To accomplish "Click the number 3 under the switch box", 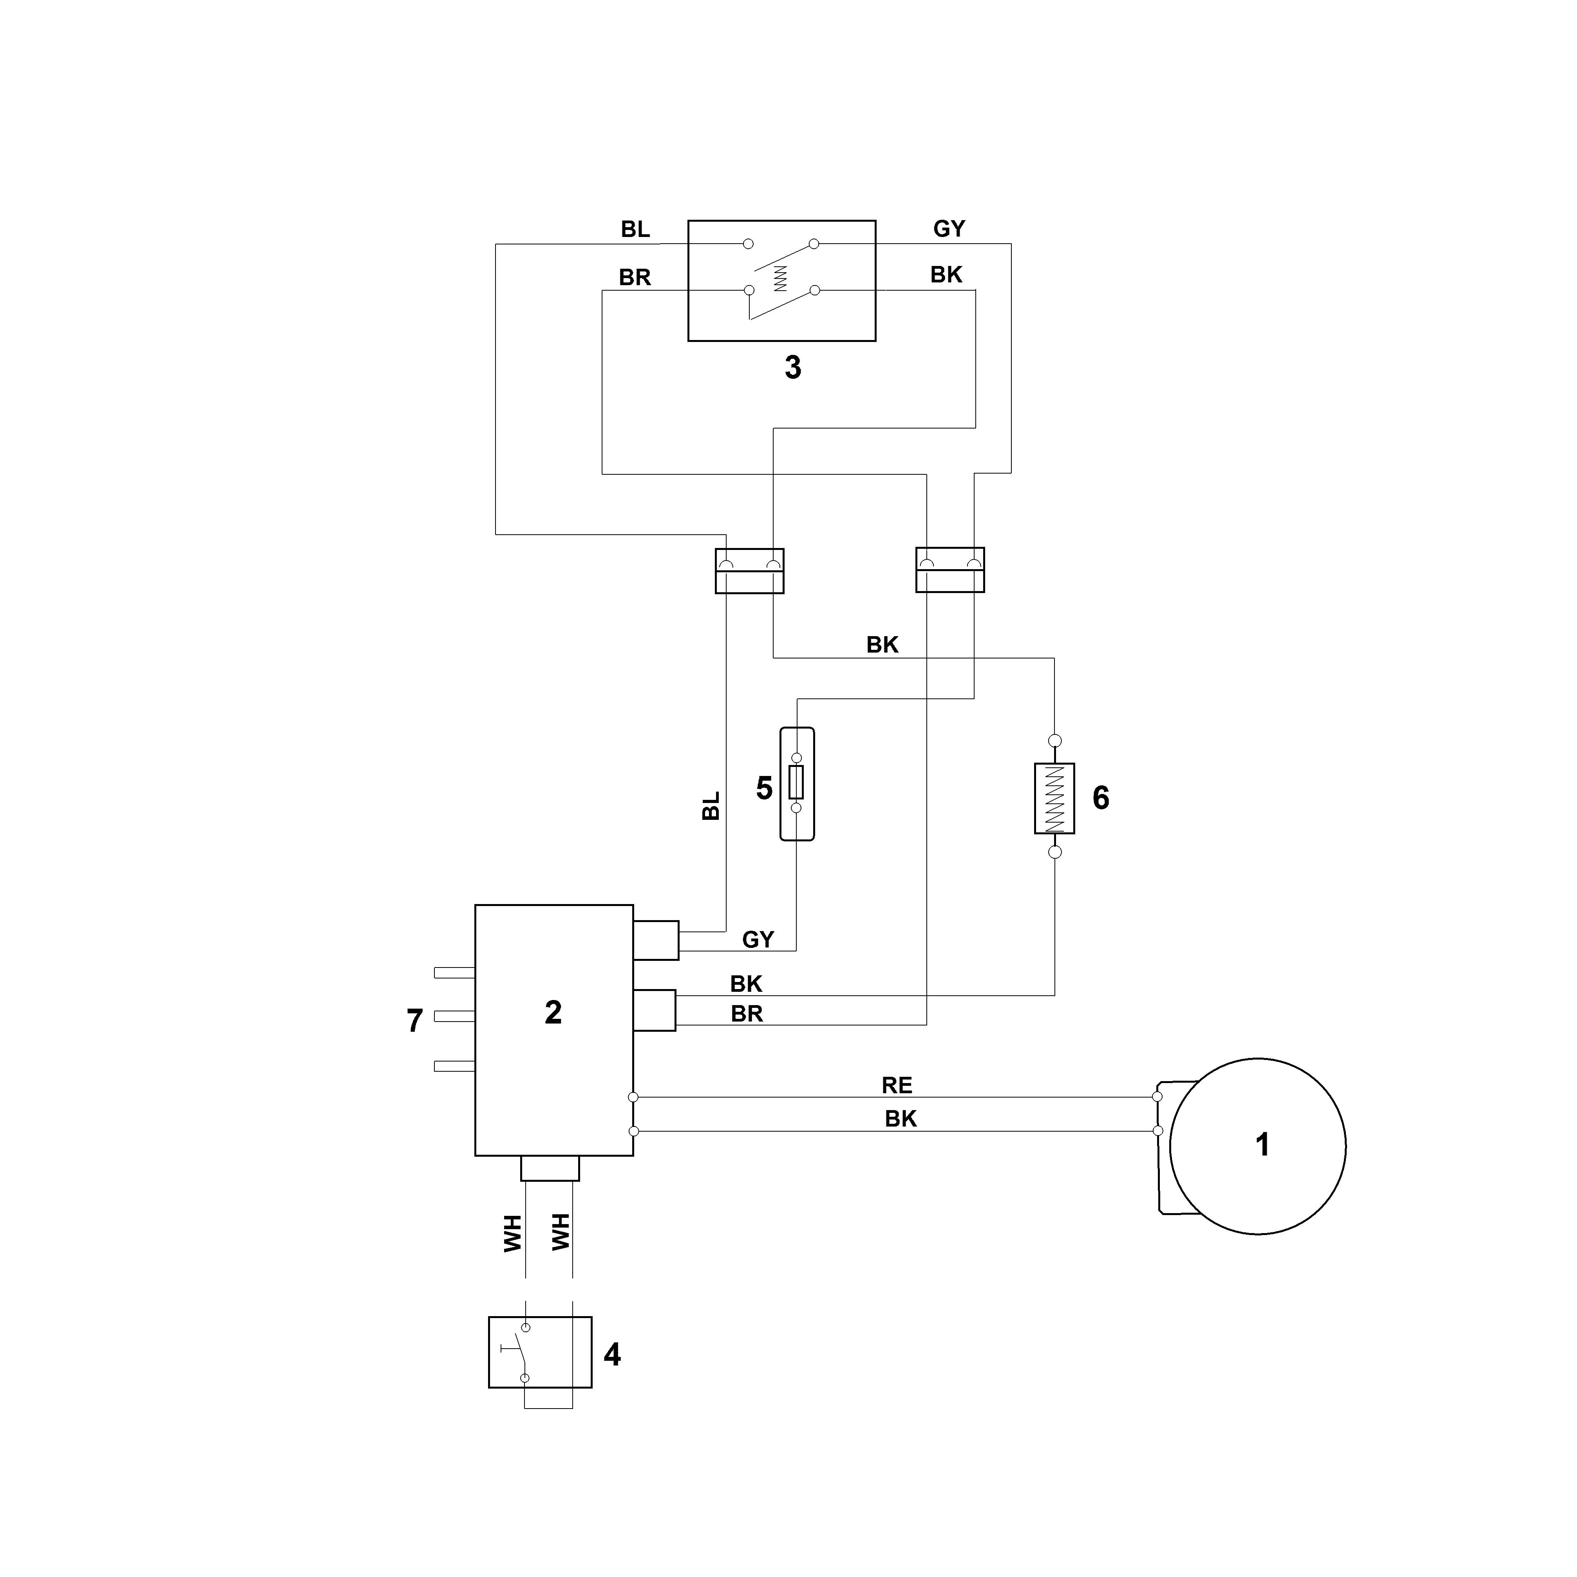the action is [792, 368].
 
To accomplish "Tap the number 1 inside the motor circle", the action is [1262, 1145].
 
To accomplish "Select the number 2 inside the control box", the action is [553, 1013].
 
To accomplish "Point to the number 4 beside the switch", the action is [612, 1355].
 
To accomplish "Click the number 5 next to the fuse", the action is [764, 788].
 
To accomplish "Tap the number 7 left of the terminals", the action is [415, 1021].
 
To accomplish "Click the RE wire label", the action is [897, 1086].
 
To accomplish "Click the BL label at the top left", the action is [635, 230].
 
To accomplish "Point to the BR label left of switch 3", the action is [635, 278].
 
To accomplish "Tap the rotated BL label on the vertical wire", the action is [711, 806].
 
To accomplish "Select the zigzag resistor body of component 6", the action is [1054, 798].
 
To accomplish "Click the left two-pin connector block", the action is [749, 571].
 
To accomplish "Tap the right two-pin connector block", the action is [950, 570].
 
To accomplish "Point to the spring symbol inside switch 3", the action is [780, 279].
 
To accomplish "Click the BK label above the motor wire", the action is [900, 1119].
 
